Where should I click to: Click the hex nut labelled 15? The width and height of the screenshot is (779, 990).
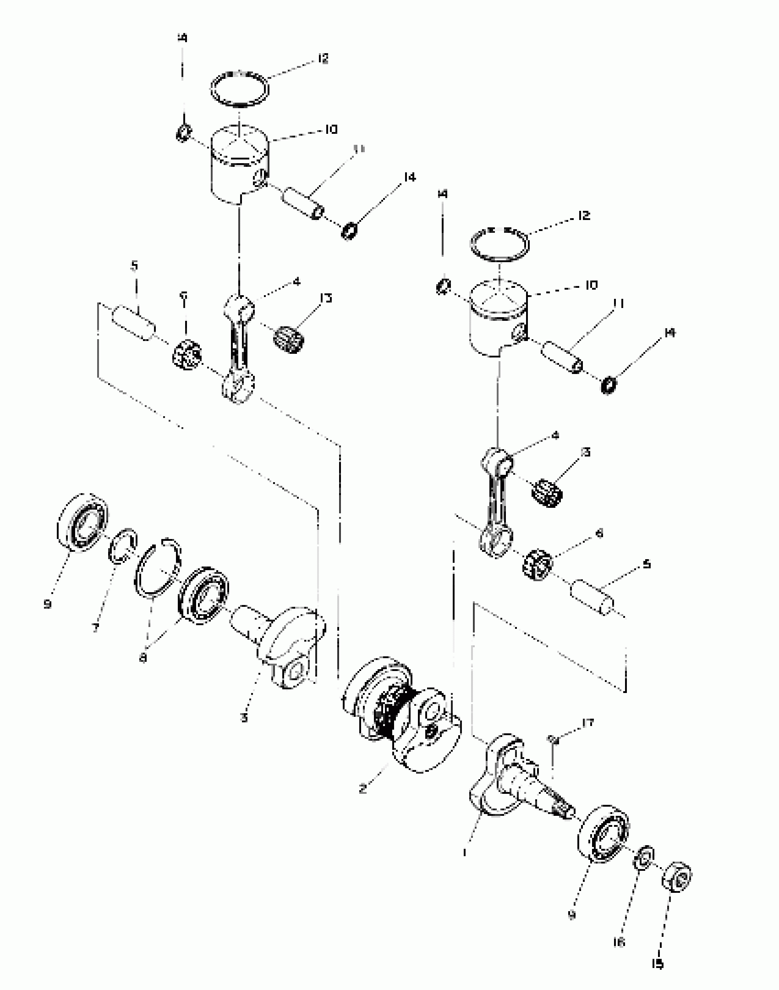[677, 877]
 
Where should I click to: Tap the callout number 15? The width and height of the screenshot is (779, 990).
[657, 964]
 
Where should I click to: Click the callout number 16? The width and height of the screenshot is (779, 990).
[619, 942]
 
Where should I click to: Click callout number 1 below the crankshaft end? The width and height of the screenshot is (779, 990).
[465, 852]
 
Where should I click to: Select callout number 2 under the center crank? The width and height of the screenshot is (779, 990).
[362, 789]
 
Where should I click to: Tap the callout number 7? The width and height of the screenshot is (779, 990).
[95, 628]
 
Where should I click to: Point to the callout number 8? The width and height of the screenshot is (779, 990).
[143, 658]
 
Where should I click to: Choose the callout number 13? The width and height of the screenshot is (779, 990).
[326, 298]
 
